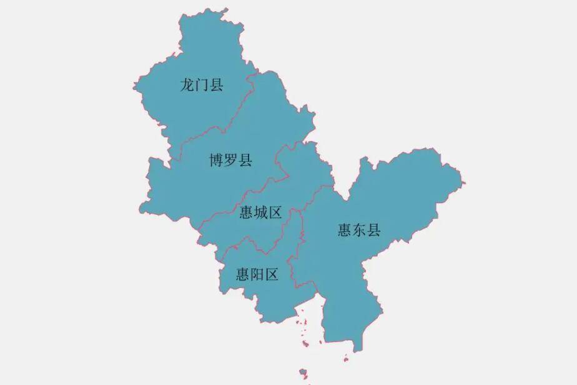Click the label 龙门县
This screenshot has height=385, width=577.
pyautogui.click(x=202, y=86)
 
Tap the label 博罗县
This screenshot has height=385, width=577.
pyautogui.click(x=230, y=161)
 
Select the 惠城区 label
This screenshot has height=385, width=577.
pyautogui.click(x=261, y=213)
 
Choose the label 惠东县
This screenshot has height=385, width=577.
pyautogui.click(x=359, y=230)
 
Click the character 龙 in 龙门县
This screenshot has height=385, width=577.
pyautogui.click(x=187, y=86)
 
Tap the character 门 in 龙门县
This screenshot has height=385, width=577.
pyautogui.click(x=202, y=86)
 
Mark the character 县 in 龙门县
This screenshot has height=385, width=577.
pyautogui.click(x=216, y=86)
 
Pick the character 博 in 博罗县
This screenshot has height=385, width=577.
pyautogui.click(x=216, y=161)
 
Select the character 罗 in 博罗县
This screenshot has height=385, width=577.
pyautogui.click(x=230, y=161)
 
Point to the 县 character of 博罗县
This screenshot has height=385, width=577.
pyautogui.click(x=245, y=161)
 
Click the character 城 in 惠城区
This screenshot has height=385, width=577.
pyautogui.click(x=261, y=213)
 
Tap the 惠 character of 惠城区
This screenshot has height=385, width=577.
pyautogui.click(x=247, y=213)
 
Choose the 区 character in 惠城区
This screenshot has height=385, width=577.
pyautogui.click(x=275, y=213)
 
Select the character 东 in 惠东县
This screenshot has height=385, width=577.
pyautogui.click(x=359, y=230)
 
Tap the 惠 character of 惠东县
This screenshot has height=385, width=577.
pyautogui.click(x=345, y=230)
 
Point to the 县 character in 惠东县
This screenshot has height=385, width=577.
pyautogui.click(x=373, y=230)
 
